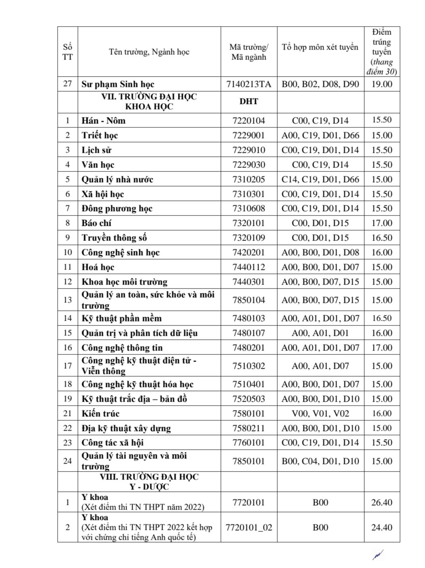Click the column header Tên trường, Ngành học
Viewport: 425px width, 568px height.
point(149,52)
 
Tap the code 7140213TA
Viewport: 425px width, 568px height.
point(249,84)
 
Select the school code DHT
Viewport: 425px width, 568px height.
point(249,102)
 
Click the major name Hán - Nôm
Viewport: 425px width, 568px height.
point(103,121)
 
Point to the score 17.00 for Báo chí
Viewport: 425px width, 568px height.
point(382,223)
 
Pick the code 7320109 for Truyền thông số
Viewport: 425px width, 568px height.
point(249,238)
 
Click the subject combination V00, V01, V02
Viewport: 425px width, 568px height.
point(320,414)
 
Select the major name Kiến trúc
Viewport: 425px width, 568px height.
point(100,414)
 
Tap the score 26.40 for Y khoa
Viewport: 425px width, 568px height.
point(382,503)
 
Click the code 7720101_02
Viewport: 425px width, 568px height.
point(249,528)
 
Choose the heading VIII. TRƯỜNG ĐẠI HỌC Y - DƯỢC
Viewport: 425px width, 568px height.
point(149,482)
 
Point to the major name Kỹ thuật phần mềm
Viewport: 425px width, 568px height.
point(122,318)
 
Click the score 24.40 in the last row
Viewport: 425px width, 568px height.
point(382,528)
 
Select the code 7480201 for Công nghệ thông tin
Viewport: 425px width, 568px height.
point(249,348)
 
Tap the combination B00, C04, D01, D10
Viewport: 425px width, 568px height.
point(320,461)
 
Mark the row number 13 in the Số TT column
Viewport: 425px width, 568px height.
point(68,300)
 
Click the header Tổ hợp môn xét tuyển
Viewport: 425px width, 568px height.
point(320,47)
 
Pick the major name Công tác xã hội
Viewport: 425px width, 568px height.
point(112,443)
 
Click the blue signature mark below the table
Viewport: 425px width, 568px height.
point(378,555)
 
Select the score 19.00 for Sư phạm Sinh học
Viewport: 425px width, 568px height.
point(382,84)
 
